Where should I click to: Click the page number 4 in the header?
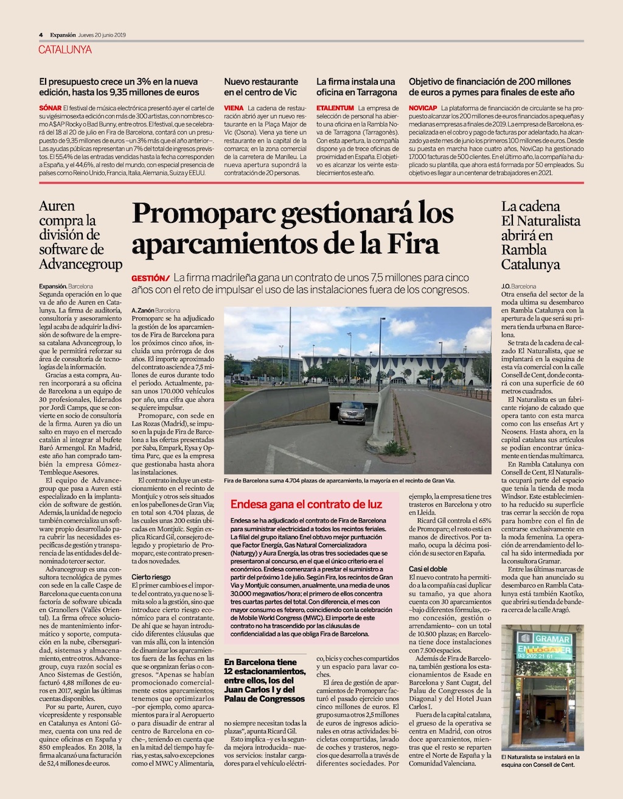point(41,35)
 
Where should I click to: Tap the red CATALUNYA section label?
point(65,49)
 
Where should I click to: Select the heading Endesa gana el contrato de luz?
point(306,504)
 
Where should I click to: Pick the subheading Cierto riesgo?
point(151,577)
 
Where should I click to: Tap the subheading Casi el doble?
point(428,569)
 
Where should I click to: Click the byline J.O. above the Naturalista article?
point(506,286)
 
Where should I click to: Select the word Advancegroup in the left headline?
point(80,264)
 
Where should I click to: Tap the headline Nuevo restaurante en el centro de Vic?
point(261,86)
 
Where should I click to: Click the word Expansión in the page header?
point(63,35)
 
